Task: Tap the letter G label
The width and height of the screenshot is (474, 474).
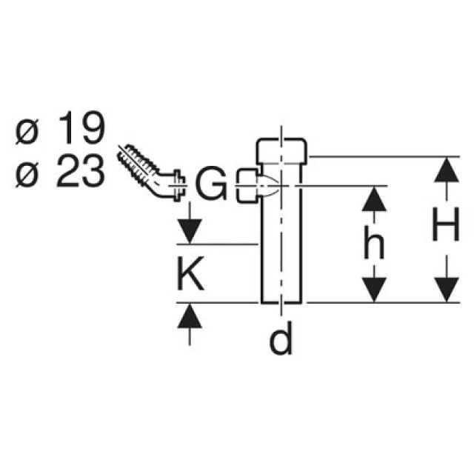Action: point(213,186)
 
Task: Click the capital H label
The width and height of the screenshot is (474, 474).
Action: point(445,230)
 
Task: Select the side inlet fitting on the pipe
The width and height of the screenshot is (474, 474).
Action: point(247,185)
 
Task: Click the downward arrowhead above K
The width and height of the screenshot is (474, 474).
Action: point(190,231)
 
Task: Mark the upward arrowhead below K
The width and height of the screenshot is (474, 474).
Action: point(190,316)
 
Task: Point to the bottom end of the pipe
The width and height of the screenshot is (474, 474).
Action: point(281,300)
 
